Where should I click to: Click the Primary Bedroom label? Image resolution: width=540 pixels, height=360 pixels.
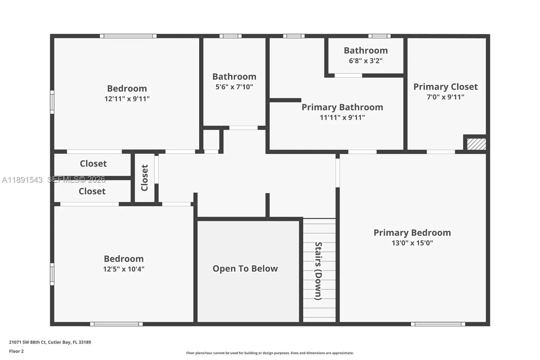coord(412,233)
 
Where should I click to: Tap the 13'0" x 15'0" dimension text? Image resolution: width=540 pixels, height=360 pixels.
coord(412,243)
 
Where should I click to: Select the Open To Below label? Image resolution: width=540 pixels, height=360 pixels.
coord(245,268)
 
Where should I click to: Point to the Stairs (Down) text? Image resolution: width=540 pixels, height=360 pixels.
coord(319,271)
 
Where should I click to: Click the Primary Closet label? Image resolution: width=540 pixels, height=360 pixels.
coord(446,86)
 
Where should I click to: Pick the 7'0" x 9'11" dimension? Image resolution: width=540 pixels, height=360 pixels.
coord(446,97)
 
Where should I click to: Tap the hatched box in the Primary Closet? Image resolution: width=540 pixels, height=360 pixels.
coord(476,144)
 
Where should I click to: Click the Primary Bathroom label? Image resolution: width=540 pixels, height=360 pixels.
coord(342,107)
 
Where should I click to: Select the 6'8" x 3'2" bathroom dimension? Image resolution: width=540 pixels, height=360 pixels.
coord(366,60)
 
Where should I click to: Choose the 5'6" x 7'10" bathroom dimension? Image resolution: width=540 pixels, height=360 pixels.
coord(234,86)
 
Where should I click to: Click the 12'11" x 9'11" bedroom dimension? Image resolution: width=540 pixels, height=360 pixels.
coord(127,99)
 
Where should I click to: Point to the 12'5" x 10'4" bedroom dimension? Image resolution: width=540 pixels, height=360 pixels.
coord(124,269)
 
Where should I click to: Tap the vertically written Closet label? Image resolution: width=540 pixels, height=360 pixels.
coord(144,178)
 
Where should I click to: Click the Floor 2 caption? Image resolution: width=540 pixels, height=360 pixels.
coord(17,351)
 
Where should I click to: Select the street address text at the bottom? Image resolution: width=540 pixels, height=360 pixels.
coord(50,342)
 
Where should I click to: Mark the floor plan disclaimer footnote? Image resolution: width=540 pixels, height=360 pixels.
coord(270,353)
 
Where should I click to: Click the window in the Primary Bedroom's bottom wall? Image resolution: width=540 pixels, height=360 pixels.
coord(438,324)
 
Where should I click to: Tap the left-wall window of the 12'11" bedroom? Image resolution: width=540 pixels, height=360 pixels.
coord(52,102)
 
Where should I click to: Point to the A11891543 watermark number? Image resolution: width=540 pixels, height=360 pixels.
coord(22,180)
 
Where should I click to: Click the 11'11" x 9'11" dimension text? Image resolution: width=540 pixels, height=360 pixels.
coord(342,118)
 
